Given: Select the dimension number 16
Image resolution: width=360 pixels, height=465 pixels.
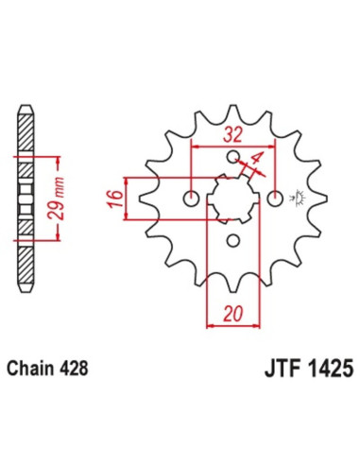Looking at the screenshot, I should tap(113, 199).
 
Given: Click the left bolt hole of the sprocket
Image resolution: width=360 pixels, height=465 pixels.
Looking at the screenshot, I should tap(192, 198).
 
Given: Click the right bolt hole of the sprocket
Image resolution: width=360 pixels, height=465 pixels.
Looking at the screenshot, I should tap(275, 198).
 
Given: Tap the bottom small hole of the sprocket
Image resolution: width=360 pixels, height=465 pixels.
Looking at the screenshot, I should tap(233, 240).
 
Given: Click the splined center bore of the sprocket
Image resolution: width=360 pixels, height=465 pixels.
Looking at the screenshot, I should tap(232, 198).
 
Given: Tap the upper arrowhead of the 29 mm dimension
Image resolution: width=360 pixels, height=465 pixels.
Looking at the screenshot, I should tap(44, 154).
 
